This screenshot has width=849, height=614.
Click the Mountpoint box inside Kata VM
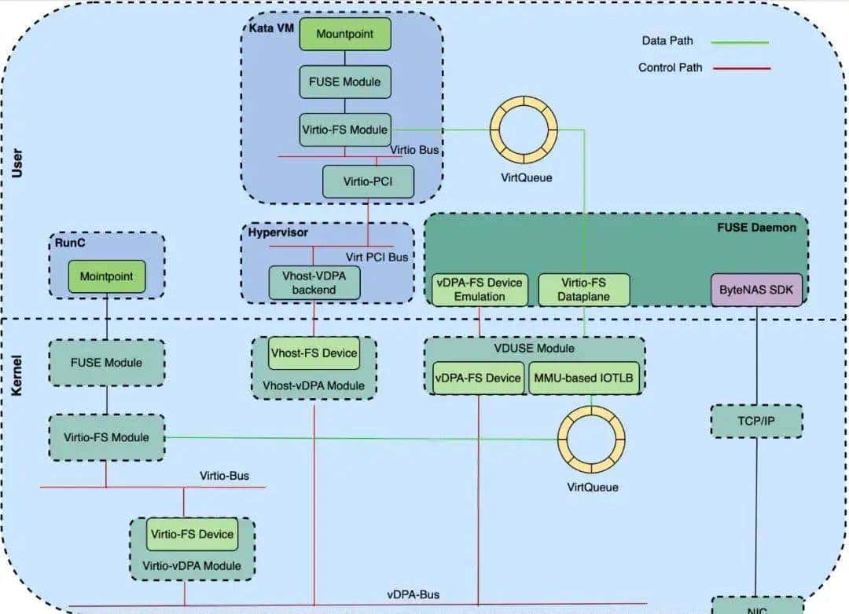point(344,35)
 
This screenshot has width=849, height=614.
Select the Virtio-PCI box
point(368,182)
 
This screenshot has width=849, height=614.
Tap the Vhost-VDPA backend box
point(314,283)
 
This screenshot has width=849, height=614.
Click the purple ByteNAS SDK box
point(757,290)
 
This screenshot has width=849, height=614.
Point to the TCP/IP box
point(757,422)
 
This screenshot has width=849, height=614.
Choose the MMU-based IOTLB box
point(583,378)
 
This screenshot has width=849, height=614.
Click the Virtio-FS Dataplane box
point(583,290)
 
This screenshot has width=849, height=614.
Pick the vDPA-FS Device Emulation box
point(479,290)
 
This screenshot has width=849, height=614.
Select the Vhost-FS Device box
point(314,353)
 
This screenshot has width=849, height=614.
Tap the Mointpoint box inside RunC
point(106,277)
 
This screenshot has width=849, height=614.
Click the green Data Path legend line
point(740,42)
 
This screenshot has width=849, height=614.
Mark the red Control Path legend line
point(741,68)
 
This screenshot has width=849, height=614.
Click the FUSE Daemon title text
point(756,228)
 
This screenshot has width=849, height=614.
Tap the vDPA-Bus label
point(413,595)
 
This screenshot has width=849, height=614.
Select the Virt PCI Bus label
point(377,257)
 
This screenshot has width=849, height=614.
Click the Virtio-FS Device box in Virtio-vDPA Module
point(192,535)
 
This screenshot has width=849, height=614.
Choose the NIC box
point(756,607)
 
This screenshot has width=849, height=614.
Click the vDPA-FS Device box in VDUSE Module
point(479,378)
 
